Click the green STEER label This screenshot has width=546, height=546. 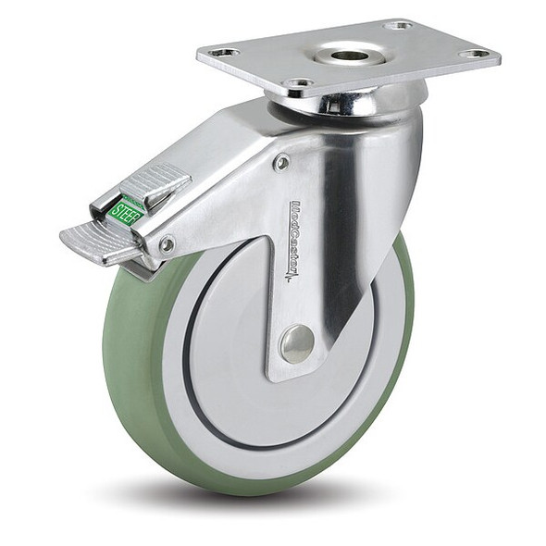(x=124, y=211)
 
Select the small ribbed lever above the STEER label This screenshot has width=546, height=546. (x=155, y=180)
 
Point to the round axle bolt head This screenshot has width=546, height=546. (x=296, y=344)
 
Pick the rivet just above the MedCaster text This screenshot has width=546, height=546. (x=281, y=163)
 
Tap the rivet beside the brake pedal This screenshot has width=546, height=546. (x=166, y=244)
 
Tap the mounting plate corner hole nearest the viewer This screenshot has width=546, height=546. (x=298, y=83)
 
